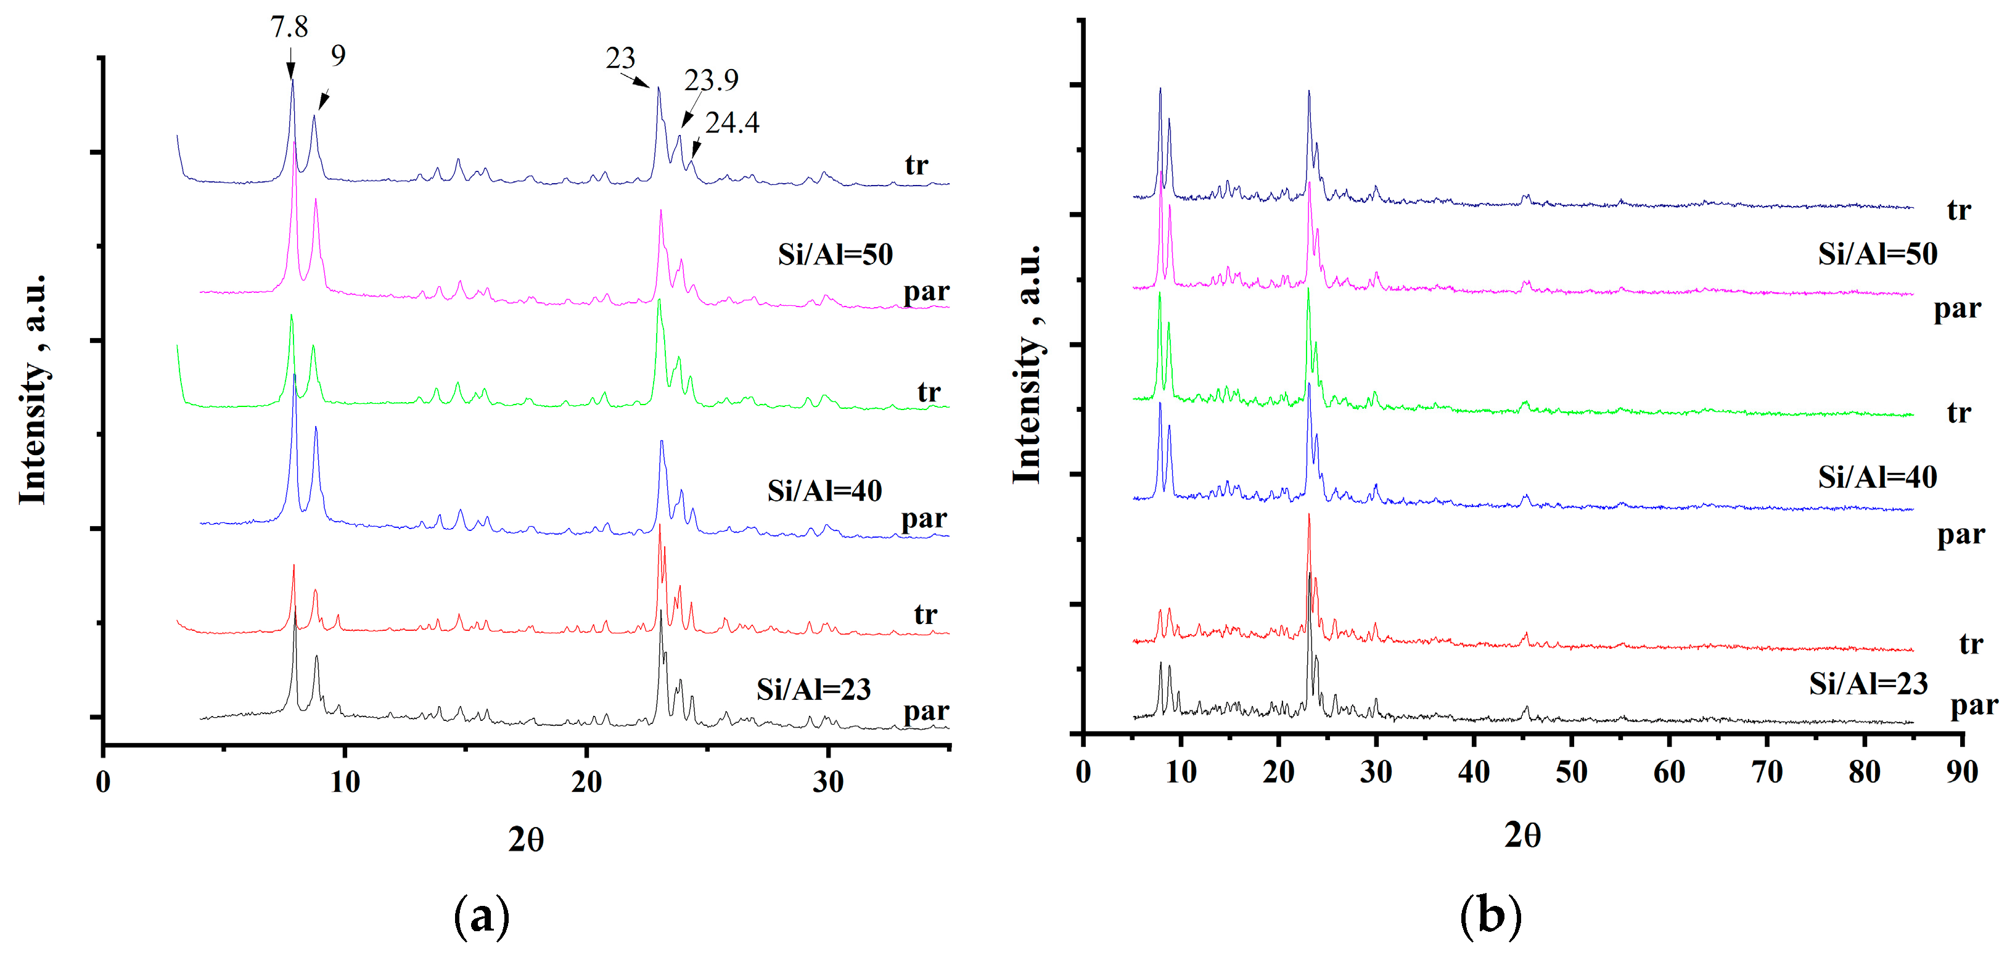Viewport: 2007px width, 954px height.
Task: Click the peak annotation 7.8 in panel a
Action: (289, 27)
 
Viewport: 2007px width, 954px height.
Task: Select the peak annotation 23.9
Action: (710, 80)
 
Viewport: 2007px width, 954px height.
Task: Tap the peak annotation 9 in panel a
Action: (337, 56)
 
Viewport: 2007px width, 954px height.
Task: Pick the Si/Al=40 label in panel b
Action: (1877, 477)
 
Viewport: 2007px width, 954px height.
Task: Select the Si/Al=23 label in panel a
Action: (813, 689)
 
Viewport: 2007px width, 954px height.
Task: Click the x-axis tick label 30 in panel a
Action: (827, 782)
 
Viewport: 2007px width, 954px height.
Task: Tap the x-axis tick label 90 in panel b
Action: (1961, 773)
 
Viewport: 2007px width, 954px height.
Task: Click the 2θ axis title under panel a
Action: (526, 840)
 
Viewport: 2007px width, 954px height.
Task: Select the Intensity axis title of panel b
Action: (1028, 363)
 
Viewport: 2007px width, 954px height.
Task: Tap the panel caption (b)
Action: (1490, 915)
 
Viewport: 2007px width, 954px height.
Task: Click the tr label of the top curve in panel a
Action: (916, 165)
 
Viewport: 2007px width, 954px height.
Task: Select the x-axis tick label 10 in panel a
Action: (345, 782)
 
